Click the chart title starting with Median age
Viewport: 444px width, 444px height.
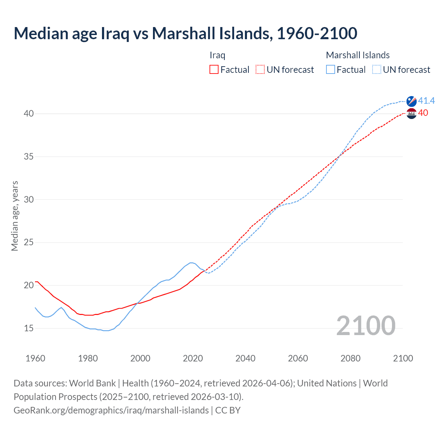click(185, 33)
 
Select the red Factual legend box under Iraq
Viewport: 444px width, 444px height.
click(214, 70)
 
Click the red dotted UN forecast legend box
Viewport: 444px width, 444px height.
click(260, 70)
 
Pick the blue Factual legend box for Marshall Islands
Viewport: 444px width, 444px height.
click(331, 70)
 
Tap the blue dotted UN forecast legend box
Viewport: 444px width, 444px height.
click(377, 70)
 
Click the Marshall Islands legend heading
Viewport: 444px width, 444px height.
click(358, 55)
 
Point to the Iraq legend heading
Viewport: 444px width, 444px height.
click(217, 55)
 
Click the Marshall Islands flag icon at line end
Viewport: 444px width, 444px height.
click(411, 101)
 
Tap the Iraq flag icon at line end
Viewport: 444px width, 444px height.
click(411, 113)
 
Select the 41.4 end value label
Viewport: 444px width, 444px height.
click(426, 101)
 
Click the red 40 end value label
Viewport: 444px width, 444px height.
click(423, 113)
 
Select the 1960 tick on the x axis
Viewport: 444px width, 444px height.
click(35, 358)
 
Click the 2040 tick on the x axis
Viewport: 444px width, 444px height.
click(245, 358)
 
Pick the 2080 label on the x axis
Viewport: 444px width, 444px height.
click(350, 358)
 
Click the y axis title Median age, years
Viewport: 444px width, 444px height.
click(15, 216)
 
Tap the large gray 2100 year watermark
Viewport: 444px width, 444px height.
click(366, 325)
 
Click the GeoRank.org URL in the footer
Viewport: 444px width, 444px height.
click(111, 410)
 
